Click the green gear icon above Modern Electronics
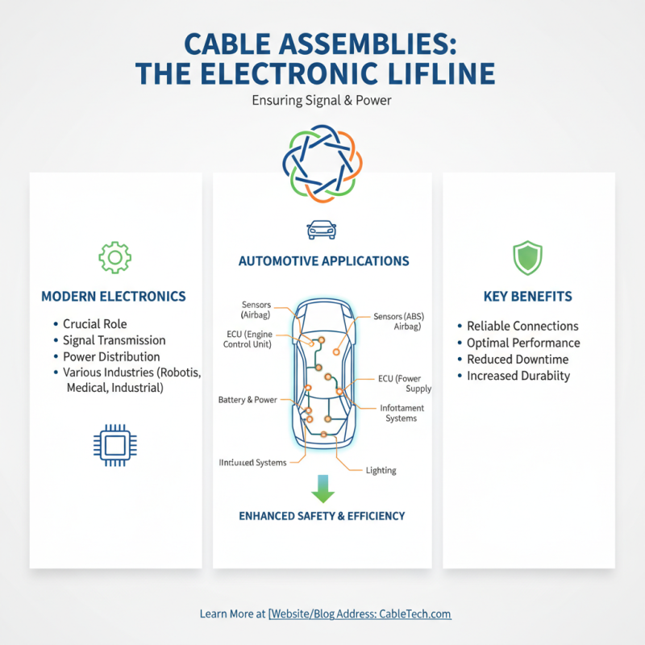tap(114, 256)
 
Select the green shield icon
tap(528, 257)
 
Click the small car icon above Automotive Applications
tap(322, 230)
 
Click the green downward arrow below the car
tap(322, 489)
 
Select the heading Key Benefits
tap(528, 297)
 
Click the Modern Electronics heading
tap(114, 297)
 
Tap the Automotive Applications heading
tap(323, 261)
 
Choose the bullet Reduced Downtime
tap(518, 360)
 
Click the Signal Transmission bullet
tap(114, 340)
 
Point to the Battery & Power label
tap(248, 400)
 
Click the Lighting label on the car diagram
tap(381, 470)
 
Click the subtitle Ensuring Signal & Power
tap(322, 102)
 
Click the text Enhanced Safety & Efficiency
tap(322, 515)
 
